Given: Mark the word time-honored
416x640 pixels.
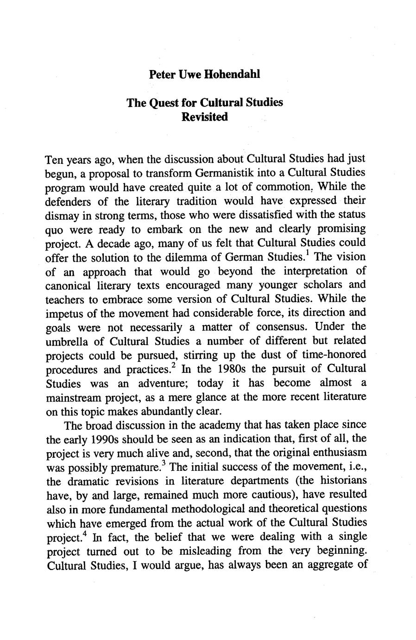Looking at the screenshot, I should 335,355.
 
